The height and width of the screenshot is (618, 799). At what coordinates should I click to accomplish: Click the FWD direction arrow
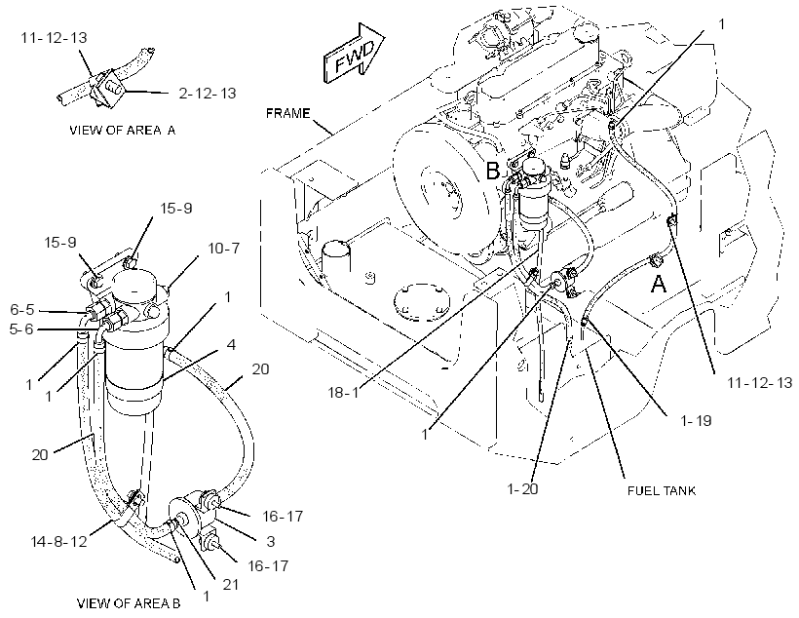click(x=354, y=54)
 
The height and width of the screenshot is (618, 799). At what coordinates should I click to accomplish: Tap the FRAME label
click(x=287, y=113)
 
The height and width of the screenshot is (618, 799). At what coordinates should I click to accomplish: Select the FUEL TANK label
click(x=662, y=490)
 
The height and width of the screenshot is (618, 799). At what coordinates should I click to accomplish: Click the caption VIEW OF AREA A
click(x=123, y=130)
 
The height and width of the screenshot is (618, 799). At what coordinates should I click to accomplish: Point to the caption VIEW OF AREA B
click(x=129, y=603)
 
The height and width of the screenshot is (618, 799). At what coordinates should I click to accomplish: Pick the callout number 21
click(x=231, y=584)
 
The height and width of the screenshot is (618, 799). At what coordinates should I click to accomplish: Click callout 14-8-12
click(x=59, y=541)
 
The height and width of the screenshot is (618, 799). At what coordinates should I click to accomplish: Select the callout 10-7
click(x=224, y=249)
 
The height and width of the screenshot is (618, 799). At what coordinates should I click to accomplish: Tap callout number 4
click(x=231, y=345)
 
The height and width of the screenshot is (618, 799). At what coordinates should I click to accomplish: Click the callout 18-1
click(x=343, y=393)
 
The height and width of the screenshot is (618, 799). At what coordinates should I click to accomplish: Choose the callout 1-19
click(x=696, y=421)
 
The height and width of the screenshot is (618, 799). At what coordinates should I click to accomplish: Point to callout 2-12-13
click(x=208, y=94)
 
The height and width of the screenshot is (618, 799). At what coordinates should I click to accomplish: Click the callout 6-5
click(x=22, y=310)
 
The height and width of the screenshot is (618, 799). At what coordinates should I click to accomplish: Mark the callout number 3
click(x=271, y=541)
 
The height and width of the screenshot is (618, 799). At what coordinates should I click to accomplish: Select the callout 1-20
click(x=522, y=489)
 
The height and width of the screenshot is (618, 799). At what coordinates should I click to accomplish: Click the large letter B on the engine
click(x=493, y=171)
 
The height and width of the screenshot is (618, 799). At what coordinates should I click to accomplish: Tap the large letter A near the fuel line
click(x=659, y=284)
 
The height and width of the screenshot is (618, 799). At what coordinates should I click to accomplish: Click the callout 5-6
click(x=21, y=329)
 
